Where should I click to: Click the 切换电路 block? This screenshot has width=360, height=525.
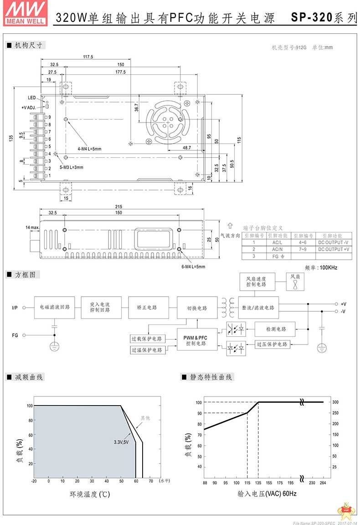(197, 308)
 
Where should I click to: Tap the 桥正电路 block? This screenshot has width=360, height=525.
(148, 308)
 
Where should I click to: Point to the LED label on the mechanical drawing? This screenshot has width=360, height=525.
(31, 98)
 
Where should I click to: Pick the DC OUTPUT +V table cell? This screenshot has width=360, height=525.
(334, 249)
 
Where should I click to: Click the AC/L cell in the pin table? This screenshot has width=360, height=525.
(277, 242)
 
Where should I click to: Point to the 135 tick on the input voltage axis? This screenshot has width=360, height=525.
(258, 483)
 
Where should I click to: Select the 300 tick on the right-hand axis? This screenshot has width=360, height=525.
(334, 402)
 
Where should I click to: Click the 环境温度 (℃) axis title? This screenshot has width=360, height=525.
(89, 494)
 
